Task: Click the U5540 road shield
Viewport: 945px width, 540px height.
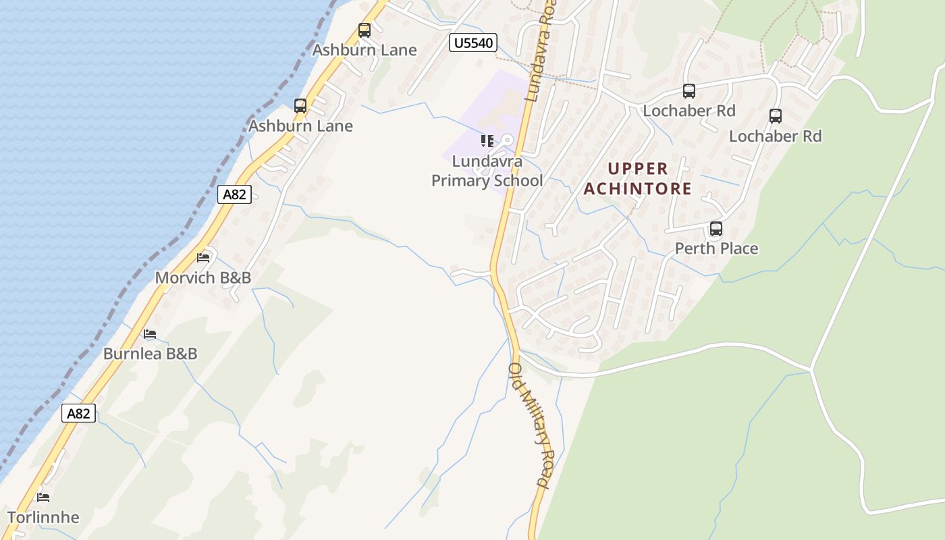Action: pos(473,43)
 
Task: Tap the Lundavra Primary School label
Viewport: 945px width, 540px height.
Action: pos(487,171)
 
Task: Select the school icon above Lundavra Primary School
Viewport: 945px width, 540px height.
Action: pos(487,141)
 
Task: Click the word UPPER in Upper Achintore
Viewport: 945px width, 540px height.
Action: pos(638,169)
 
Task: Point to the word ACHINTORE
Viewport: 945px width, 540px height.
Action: pos(638,188)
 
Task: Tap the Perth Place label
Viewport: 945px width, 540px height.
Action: pos(716,248)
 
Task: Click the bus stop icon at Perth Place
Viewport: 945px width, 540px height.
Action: pos(716,229)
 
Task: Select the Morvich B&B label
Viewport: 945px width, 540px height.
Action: pos(202,277)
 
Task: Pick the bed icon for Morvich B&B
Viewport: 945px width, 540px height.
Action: pos(203,257)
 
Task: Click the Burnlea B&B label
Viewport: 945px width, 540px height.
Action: pos(150,354)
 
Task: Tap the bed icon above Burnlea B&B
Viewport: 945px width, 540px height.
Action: pos(150,334)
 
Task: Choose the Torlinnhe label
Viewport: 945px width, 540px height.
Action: pos(43,518)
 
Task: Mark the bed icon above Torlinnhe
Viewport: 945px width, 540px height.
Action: pos(43,497)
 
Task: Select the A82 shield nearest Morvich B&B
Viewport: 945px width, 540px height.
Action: pos(235,194)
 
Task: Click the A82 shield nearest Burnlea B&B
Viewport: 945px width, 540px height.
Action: pos(78,413)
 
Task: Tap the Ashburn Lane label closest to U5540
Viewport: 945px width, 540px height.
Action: pos(364,50)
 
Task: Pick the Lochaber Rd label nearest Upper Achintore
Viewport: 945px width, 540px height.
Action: pos(688,111)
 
